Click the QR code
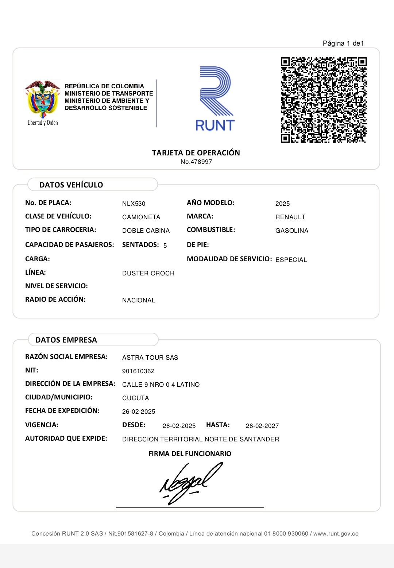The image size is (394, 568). pyautogui.click(x=324, y=100)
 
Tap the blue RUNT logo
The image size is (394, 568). pyautogui.click(x=215, y=99)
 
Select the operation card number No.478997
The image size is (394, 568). pyautogui.click(x=196, y=162)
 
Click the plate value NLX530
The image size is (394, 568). pyautogui.click(x=134, y=204)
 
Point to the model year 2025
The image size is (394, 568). pyautogui.click(x=282, y=204)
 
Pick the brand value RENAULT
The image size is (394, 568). pyautogui.click(x=290, y=217)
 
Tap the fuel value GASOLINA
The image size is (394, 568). pyautogui.click(x=292, y=231)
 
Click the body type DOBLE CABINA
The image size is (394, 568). pyautogui.click(x=146, y=231)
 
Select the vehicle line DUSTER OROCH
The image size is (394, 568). pyautogui.click(x=148, y=274)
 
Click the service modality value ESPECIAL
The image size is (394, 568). pyautogui.click(x=291, y=260)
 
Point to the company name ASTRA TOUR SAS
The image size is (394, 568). pyautogui.click(x=150, y=358)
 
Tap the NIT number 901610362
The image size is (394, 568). pyautogui.click(x=138, y=371)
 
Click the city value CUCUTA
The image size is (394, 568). pyautogui.click(x=135, y=398)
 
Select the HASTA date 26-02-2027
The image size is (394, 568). pyautogui.click(x=262, y=426)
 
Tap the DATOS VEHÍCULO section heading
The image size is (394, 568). pyautogui.click(x=71, y=185)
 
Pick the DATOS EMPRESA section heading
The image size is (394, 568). pyautogui.click(x=66, y=340)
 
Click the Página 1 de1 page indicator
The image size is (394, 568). pyautogui.click(x=343, y=43)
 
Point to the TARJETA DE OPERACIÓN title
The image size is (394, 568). pyautogui.click(x=196, y=153)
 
